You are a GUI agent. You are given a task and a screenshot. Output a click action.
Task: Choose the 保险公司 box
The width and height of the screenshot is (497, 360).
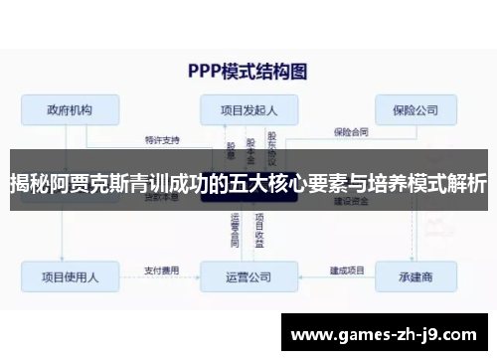pos(415,109)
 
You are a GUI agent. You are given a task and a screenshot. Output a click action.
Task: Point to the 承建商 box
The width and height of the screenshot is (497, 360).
pos(416,275)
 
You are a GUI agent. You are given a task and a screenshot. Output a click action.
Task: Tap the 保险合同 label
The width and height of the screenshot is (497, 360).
pos(351,130)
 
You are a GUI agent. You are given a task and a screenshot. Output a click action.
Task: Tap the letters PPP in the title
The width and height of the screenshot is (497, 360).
pos(206,71)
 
